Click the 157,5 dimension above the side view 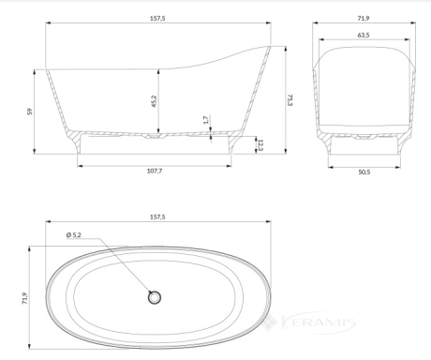(x=157, y=18)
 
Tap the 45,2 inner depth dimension (x=154, y=101)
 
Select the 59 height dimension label (x=30, y=112)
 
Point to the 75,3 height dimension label (x=290, y=99)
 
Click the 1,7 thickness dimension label (x=206, y=120)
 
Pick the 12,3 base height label (x=260, y=144)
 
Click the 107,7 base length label (x=155, y=171)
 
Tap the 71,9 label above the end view (x=364, y=18)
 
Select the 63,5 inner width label (x=364, y=35)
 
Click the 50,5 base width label (x=364, y=172)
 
